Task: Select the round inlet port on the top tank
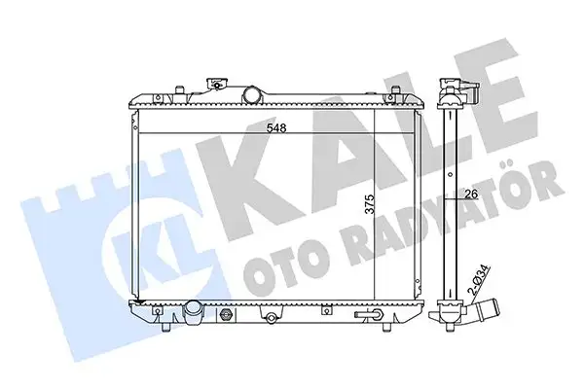pyautogui.click(x=255, y=95)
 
